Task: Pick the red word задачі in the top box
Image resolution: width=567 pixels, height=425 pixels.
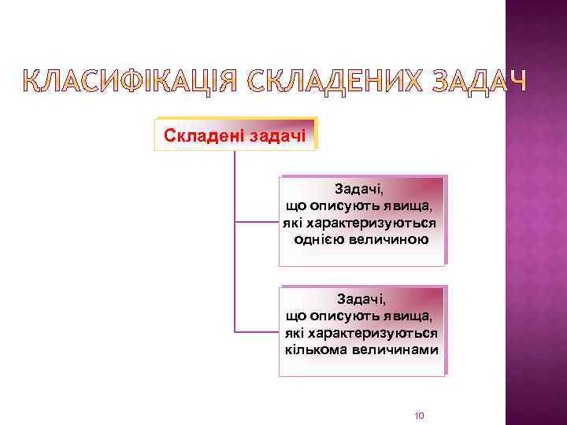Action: click(279, 135)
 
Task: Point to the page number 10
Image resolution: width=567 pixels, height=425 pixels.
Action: click(419, 415)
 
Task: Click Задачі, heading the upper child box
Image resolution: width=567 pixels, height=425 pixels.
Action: click(359, 190)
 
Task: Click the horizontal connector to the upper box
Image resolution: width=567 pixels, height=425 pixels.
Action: click(257, 222)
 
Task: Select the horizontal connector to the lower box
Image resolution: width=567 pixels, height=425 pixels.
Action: click(257, 331)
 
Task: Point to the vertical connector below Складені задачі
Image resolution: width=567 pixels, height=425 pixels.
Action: click(235, 236)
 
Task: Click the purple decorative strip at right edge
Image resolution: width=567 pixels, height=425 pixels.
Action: click(535, 236)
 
